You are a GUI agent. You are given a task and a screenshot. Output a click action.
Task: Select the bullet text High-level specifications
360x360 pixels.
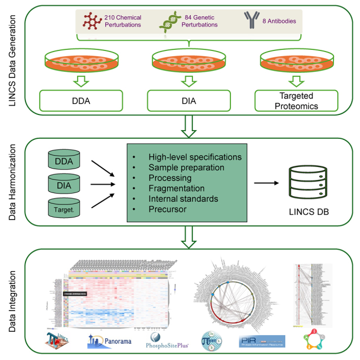(x=194, y=157)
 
